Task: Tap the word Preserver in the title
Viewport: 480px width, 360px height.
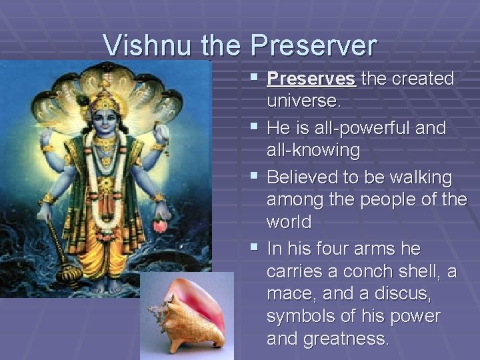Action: pos(314,45)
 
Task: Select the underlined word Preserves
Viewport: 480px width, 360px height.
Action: pos(311,79)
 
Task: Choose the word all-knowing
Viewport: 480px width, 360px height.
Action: pos(313,151)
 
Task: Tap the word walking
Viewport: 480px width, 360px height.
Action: pos(419,178)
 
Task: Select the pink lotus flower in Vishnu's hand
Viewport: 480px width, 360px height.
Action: pos(160,225)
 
